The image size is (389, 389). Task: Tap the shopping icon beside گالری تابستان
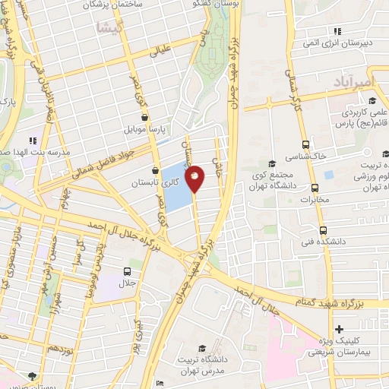(x=156, y=171)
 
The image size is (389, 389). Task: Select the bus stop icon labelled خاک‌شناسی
(x=305, y=144)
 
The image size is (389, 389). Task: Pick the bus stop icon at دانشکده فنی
(x=323, y=230)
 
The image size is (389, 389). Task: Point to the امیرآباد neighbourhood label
(x=353, y=81)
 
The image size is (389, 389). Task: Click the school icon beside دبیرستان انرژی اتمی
(x=336, y=31)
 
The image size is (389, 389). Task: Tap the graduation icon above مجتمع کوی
(x=271, y=163)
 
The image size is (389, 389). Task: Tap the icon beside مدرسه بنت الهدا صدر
(x=32, y=141)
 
